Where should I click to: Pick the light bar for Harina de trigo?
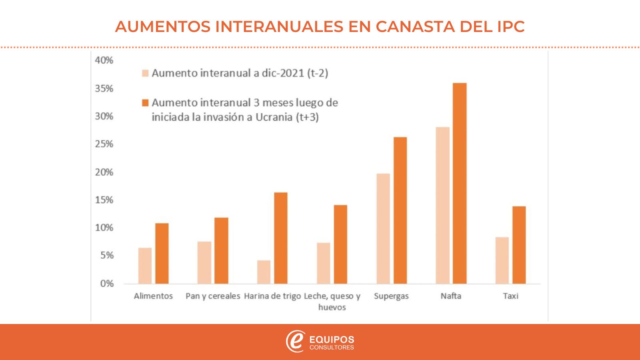click(264, 272)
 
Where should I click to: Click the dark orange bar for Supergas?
click(400, 210)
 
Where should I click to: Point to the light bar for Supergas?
click(383, 228)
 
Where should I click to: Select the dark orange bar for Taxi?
click(519, 245)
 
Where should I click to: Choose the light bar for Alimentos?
click(145, 266)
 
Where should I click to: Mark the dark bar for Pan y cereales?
click(221, 250)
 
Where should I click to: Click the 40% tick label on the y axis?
click(104, 60)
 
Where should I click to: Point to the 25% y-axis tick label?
click(104, 144)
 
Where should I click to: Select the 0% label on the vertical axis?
click(107, 284)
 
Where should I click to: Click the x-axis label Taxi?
click(510, 296)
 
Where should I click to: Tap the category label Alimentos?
click(153, 296)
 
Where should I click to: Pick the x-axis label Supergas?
click(391, 296)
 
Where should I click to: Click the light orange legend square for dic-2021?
click(145, 73)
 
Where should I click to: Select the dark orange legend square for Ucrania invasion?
click(145, 103)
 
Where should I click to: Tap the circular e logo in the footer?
click(295, 341)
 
